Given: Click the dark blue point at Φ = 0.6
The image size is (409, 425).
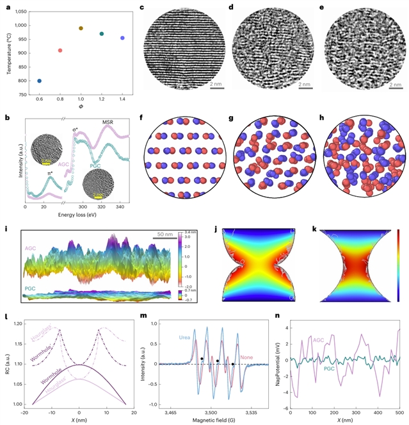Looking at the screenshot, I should pyautogui.click(x=40, y=81).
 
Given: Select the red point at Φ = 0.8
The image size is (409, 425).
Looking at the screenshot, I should pyautogui.click(x=60, y=51).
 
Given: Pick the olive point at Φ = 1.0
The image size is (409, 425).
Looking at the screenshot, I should pyautogui.click(x=81, y=28).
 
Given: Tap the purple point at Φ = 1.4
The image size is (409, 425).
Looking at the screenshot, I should pyautogui.click(x=122, y=38).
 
